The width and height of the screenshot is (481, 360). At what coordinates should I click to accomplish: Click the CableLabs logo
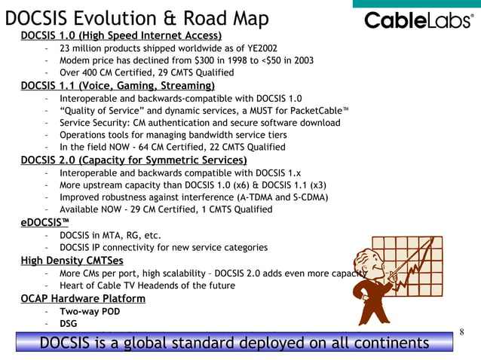pos(418,20)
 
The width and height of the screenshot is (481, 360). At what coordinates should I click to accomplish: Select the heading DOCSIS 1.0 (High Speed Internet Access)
pos(121,35)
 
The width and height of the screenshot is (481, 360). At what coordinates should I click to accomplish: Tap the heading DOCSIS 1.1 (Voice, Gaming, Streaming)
pos(118,85)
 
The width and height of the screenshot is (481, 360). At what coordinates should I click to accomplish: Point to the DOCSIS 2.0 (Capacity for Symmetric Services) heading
pos(133,160)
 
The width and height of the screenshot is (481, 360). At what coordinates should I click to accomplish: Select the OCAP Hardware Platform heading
pos(83,298)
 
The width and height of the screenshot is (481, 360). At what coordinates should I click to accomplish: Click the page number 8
pos(461,331)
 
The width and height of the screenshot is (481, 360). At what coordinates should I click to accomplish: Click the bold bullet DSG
pos(68,324)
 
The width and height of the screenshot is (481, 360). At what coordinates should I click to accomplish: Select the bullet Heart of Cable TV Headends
pos(147,285)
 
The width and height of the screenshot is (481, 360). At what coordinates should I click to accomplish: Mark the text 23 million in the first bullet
pos(82,48)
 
